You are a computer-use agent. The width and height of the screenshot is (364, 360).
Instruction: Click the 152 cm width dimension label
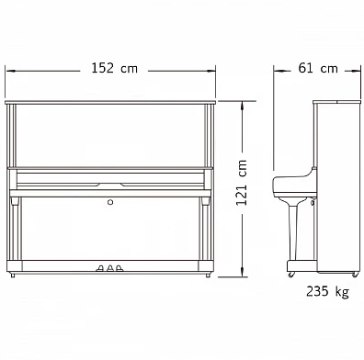click(115, 68)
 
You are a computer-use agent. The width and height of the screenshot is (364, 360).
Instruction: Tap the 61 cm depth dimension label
click(318, 68)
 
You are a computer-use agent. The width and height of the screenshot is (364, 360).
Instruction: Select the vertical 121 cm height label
click(242, 183)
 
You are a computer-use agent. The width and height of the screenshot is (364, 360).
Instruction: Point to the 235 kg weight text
click(327, 291)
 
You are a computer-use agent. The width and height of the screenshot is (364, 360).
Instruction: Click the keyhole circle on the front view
click(110, 202)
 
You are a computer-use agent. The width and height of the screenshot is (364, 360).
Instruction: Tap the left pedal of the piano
click(100, 268)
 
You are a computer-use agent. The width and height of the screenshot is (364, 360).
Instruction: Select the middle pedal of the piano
click(110, 268)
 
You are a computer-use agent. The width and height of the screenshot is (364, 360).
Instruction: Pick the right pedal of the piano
click(119, 268)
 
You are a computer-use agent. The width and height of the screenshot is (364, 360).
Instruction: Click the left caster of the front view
click(13, 275)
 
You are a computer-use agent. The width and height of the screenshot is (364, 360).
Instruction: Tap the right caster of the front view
click(208, 275)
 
